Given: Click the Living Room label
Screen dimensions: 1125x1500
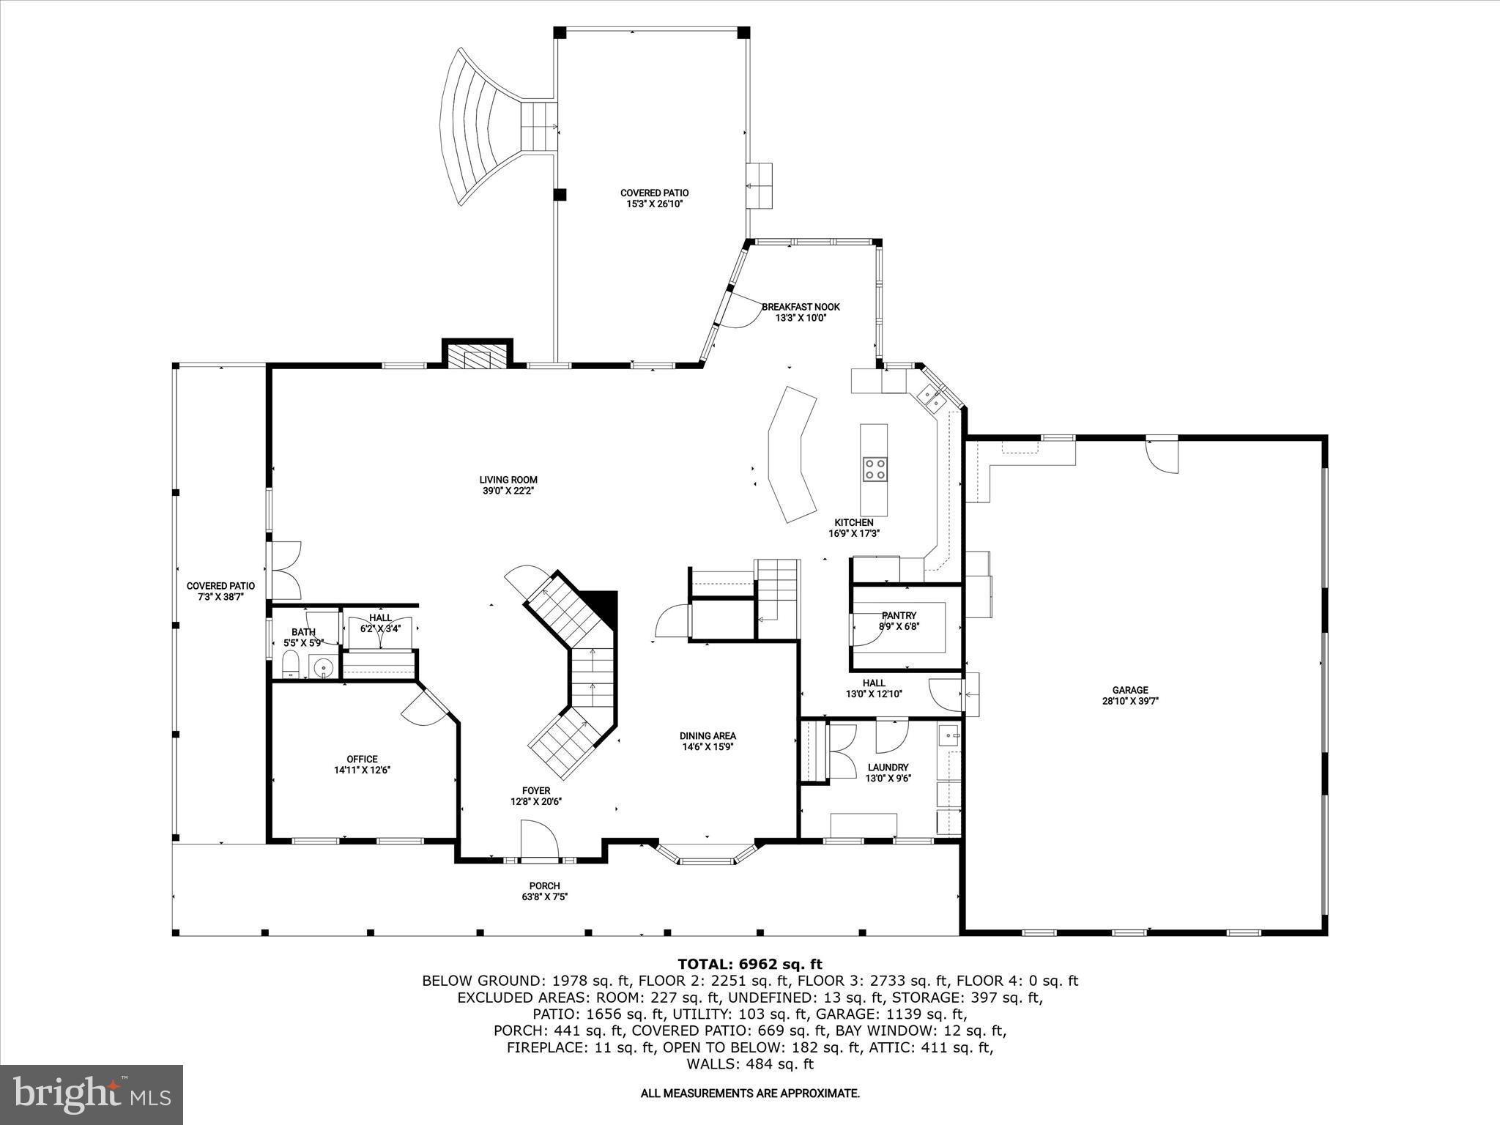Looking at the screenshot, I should tap(508, 480).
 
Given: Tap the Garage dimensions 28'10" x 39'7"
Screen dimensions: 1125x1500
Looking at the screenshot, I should tap(1130, 701).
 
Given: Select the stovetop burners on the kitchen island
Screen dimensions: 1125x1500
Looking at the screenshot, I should tap(874, 468).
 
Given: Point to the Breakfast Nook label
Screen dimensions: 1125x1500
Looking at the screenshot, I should tap(801, 307).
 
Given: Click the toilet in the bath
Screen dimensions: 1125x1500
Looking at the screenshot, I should tap(292, 666).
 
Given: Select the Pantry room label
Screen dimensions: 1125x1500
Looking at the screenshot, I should tap(899, 616).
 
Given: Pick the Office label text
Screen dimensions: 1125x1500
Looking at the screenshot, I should tap(362, 759).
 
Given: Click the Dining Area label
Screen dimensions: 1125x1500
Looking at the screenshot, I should tap(708, 736).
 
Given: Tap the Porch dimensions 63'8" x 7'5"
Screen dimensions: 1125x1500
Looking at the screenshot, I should tap(544, 896).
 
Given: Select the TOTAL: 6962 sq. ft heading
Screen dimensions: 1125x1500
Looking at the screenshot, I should tap(750, 965).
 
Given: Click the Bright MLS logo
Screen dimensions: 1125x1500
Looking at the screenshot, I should tap(91, 1094).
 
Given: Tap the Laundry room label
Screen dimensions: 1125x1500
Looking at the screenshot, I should tap(888, 768).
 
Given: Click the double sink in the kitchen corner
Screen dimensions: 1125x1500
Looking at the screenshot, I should tap(932, 396).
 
